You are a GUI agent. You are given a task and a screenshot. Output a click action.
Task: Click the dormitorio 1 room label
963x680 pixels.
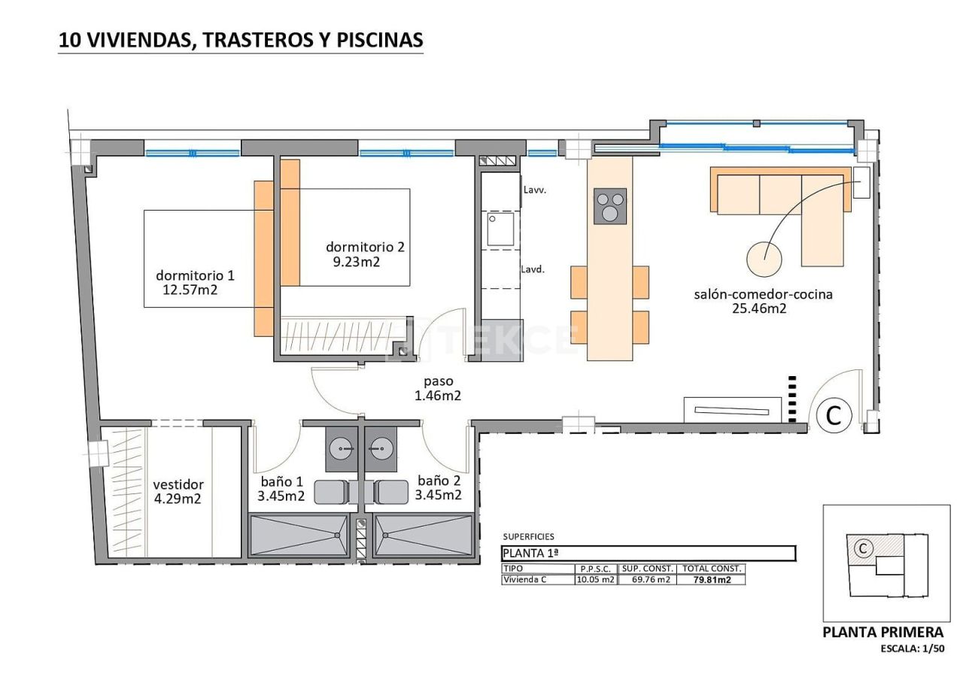(x=195, y=275)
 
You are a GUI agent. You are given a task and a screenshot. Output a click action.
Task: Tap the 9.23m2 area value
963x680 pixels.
(x=356, y=262)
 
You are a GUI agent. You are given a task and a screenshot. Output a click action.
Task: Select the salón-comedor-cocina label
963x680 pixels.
(x=763, y=294)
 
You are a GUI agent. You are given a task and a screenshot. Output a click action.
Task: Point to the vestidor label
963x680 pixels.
(x=178, y=484)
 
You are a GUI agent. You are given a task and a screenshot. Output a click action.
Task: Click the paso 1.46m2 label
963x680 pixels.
(x=438, y=388)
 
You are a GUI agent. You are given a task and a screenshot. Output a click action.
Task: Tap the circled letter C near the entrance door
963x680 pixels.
(x=834, y=415)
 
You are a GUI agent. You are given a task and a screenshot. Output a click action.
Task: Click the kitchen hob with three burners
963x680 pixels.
(x=610, y=205)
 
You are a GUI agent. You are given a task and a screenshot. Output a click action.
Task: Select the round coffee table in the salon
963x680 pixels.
(x=764, y=258)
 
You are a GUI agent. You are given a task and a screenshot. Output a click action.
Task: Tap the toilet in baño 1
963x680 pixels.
(x=330, y=491)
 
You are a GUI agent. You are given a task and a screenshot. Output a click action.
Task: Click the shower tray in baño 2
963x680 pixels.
(x=424, y=535)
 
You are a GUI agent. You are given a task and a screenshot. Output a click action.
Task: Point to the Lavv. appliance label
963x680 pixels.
(x=534, y=190)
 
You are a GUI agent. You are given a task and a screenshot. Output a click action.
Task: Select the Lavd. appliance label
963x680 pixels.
(x=533, y=269)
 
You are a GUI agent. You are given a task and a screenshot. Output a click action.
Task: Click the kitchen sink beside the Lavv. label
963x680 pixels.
(x=500, y=229)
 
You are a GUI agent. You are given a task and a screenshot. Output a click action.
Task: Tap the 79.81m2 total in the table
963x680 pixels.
(x=710, y=580)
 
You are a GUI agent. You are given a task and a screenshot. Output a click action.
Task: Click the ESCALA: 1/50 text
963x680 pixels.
(x=912, y=648)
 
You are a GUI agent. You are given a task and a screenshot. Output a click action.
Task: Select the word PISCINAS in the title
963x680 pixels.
(x=378, y=40)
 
